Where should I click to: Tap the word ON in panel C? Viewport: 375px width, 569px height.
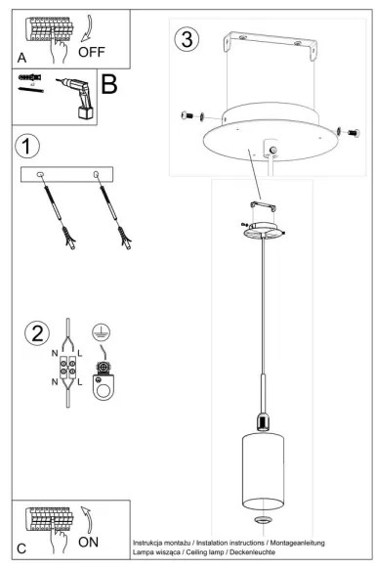click(x=89, y=540)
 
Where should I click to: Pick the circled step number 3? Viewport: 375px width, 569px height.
click(x=187, y=40)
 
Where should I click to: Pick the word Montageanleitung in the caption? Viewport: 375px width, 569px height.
click(x=294, y=542)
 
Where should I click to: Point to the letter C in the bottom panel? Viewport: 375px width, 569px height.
click(x=21, y=547)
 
